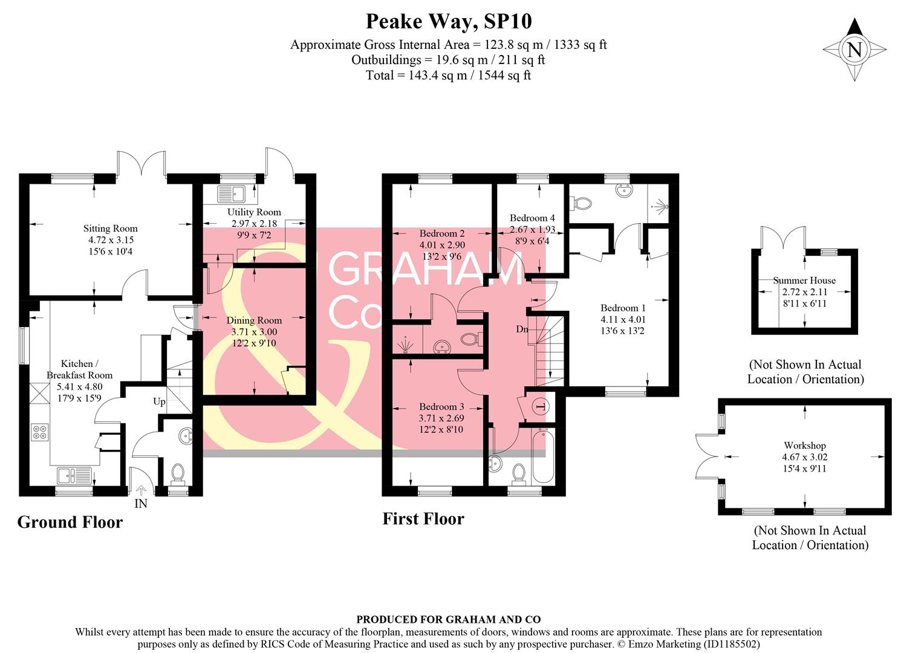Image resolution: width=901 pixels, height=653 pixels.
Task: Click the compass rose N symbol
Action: (x=854, y=50)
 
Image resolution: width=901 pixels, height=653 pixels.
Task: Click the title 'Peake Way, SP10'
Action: (x=449, y=22)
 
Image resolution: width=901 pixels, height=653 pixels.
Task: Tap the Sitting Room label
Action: (x=110, y=229)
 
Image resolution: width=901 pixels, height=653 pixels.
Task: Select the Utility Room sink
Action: (x=230, y=193)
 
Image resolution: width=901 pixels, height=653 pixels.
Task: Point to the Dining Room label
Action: (x=254, y=320)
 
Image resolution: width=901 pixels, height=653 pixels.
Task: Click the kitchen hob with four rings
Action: (x=40, y=432)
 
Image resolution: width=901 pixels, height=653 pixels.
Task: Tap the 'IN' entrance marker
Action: (x=140, y=504)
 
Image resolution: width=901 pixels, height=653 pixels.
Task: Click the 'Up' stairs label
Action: (x=159, y=401)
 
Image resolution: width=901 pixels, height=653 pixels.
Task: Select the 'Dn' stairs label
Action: (x=522, y=330)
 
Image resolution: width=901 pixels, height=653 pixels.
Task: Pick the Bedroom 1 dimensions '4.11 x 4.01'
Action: (x=623, y=319)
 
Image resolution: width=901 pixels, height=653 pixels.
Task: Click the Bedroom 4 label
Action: (x=532, y=218)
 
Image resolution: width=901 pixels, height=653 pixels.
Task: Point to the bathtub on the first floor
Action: (x=542, y=456)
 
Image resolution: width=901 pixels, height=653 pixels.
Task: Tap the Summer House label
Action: (x=804, y=281)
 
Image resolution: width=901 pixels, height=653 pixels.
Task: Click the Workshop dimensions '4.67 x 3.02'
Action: (x=805, y=457)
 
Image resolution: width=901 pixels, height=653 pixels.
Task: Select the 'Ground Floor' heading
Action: (x=70, y=522)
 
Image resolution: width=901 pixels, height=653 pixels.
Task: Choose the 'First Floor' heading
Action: (x=423, y=519)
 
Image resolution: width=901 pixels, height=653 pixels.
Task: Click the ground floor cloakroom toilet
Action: (x=178, y=473)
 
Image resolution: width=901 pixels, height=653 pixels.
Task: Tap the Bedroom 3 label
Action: (x=441, y=406)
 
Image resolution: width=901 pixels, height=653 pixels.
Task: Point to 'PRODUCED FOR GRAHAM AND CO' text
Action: (x=448, y=619)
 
